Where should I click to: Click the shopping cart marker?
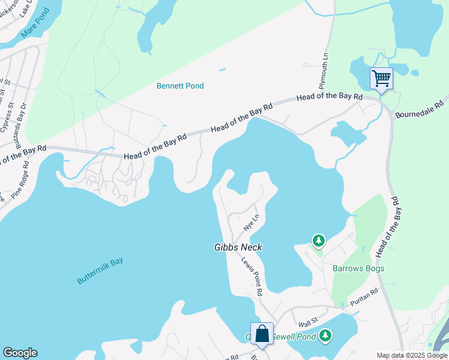click(x=381, y=78)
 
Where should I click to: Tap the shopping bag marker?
click(x=262, y=334)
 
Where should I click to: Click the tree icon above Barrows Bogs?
click(x=318, y=241)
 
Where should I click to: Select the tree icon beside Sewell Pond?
click(x=325, y=335)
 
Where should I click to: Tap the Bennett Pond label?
click(x=180, y=86)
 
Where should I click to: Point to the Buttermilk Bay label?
click(x=100, y=271)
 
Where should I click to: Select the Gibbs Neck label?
click(x=238, y=247)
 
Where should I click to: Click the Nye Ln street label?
click(x=252, y=222)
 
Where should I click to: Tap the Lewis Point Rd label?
click(x=252, y=276)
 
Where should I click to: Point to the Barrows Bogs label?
click(x=358, y=268)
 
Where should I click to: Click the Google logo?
click(x=20, y=353)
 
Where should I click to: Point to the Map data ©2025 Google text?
click(x=411, y=355)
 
